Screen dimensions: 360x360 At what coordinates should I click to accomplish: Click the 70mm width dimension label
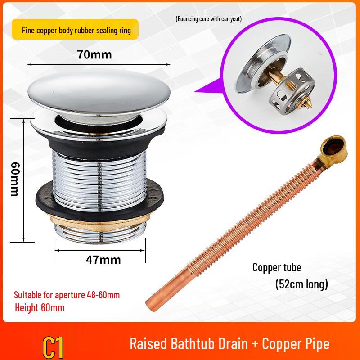(94, 54)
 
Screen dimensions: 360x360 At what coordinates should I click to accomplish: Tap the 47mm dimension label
(103, 260)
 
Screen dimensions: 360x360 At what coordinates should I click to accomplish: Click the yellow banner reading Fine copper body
(75, 29)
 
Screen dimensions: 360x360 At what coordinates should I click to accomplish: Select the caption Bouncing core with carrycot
(209, 19)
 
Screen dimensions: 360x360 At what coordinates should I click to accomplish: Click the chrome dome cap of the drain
(99, 92)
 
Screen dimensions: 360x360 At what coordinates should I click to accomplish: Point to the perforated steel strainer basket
(292, 92)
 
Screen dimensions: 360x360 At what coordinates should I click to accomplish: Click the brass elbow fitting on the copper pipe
(333, 148)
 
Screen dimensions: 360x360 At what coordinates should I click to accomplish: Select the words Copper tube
(277, 267)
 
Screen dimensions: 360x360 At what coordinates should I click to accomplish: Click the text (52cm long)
(301, 284)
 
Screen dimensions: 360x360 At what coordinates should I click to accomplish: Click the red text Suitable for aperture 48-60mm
(67, 295)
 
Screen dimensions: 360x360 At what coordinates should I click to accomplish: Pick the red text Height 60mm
(40, 308)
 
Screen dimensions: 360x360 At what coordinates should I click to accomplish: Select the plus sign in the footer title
(255, 344)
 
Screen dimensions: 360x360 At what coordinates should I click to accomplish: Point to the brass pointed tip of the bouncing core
(307, 103)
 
